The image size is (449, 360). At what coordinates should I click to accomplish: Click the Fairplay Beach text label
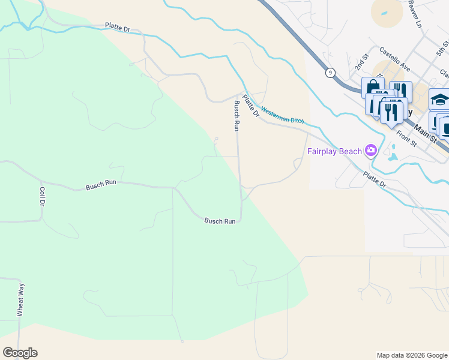pos(335,151)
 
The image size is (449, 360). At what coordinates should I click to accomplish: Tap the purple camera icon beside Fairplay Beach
pos(371,150)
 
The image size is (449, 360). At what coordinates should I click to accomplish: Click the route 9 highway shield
pos(330,73)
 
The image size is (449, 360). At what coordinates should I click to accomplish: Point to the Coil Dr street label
pos(42,197)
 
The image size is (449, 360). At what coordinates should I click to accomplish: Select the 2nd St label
pos(361,62)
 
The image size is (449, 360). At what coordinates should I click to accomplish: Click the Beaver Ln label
pos(414,13)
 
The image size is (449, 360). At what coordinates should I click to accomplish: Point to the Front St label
pos(406,140)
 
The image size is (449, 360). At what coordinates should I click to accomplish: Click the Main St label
pos(428,131)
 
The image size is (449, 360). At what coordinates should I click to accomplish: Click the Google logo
pos(20,353)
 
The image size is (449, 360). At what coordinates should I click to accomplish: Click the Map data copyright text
pos(411,355)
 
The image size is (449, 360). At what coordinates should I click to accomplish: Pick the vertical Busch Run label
pos(237,116)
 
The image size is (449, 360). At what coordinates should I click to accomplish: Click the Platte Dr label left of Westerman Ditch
pos(250,106)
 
